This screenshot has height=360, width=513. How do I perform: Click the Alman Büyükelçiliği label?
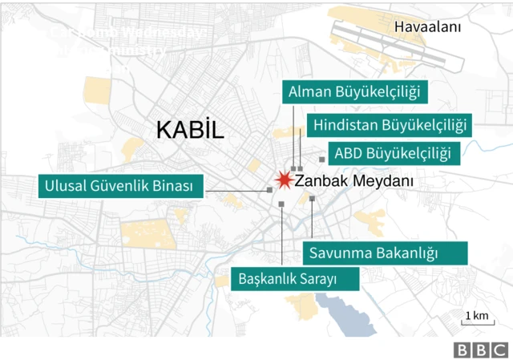coord(354,92)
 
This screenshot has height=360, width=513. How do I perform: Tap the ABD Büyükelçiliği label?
coord(392,153)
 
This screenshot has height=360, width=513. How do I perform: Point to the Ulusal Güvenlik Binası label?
coord(121,187)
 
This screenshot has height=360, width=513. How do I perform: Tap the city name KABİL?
coord(190,130)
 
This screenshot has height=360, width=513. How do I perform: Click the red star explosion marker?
coord(283,180)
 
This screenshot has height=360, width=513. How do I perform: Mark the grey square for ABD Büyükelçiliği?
coord(321,160)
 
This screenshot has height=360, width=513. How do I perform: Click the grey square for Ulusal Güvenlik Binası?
coord(269,190)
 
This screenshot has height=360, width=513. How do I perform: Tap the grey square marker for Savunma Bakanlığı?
coord(312,198)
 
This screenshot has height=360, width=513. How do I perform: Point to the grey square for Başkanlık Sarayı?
coord(282,205)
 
